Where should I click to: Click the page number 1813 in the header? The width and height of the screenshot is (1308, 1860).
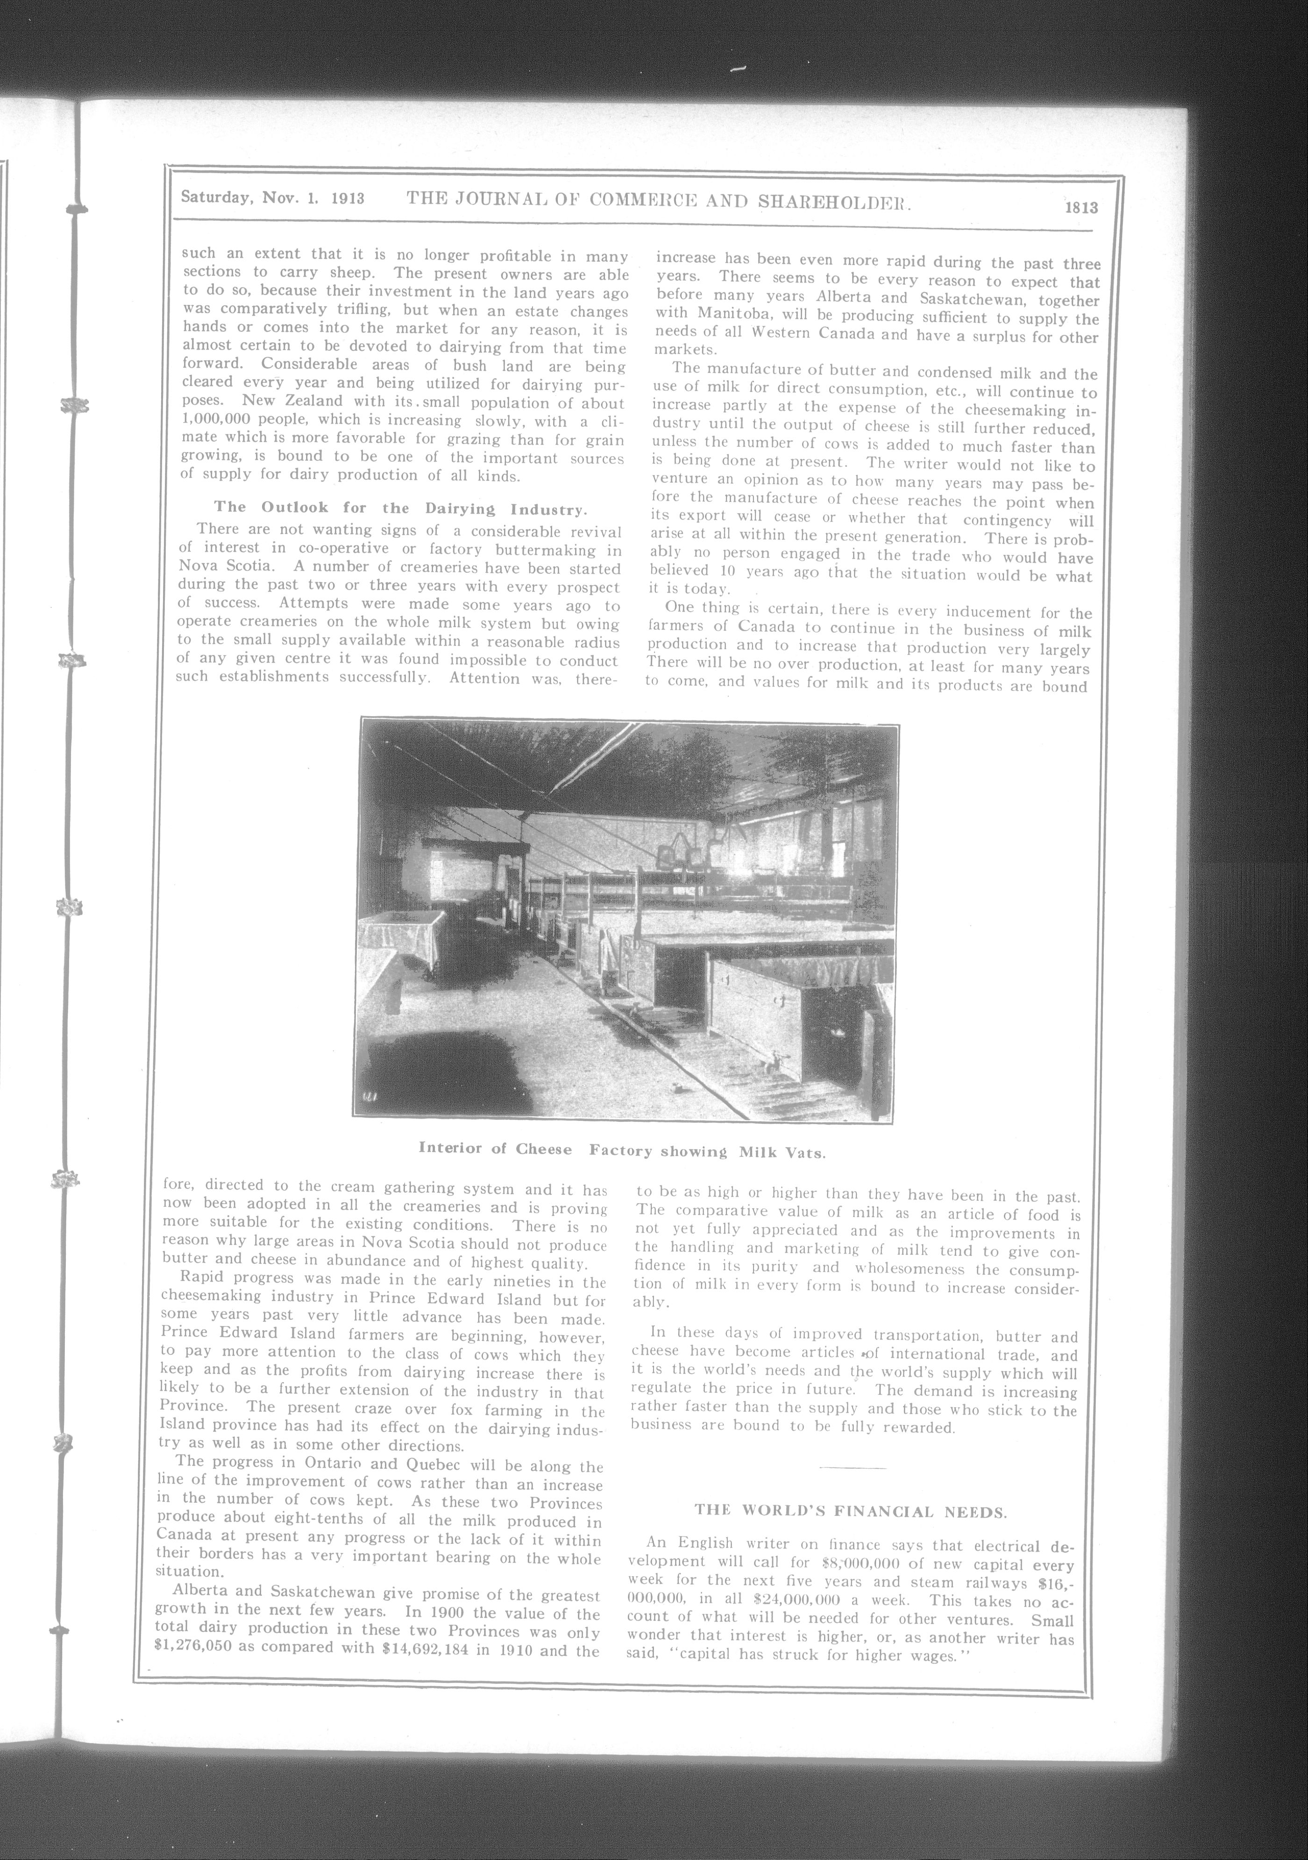click(x=1081, y=207)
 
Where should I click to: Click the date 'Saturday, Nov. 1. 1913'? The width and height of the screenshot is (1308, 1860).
click(x=272, y=197)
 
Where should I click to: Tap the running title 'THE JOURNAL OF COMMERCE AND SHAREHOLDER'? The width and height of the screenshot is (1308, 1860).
click(x=659, y=200)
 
